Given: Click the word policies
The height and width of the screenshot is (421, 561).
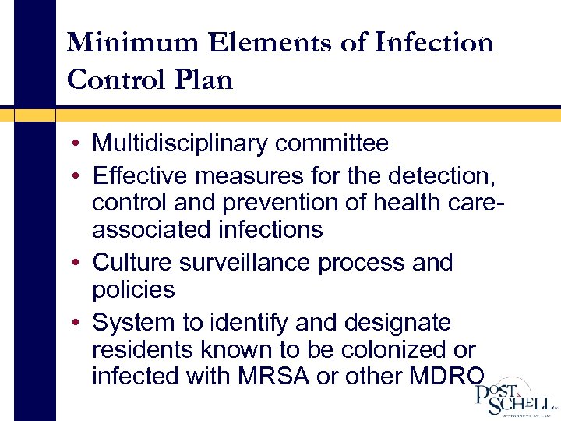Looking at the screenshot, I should click(133, 290).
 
